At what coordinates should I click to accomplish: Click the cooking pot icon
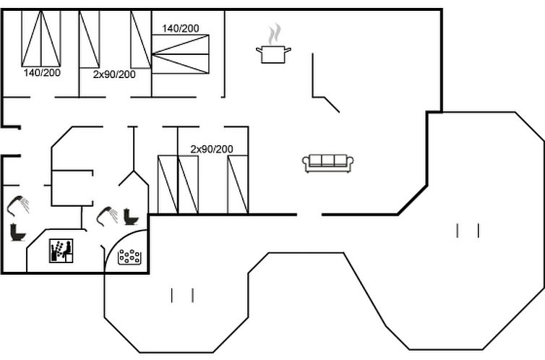coord(273,54)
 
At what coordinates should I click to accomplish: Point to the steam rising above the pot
coord(275,34)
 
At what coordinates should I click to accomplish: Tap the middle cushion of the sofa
coord(327,160)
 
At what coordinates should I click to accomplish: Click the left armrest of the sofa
coord(306,163)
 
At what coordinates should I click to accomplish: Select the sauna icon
coord(61,251)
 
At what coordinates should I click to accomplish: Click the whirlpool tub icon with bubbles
coord(129,257)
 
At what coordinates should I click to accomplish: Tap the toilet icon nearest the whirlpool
coord(131,216)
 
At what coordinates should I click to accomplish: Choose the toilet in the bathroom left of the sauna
coord(17,232)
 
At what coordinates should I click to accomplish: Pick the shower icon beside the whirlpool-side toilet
coord(107,216)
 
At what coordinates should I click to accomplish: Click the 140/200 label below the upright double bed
coord(42,72)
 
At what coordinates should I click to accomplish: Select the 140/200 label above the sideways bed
coord(181,28)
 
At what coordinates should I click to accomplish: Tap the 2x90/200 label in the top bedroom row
coord(114,74)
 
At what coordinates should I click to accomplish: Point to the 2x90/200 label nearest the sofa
coord(212,149)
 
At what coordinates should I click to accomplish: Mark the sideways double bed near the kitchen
coord(181,54)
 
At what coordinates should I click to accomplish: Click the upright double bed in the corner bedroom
coord(41,38)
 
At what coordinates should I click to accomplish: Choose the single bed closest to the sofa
coord(238,184)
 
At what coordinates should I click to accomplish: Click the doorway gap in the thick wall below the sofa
coord(309,215)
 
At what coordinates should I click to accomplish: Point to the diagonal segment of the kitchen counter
coord(332,105)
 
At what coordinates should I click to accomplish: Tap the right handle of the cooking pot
coord(288,50)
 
